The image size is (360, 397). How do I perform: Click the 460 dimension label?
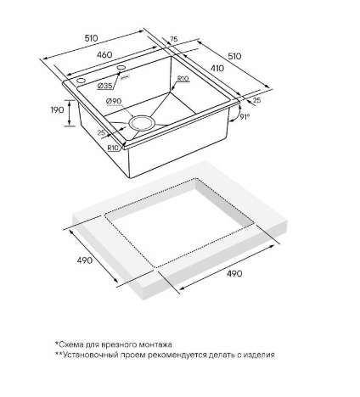pyautogui.click(x=104, y=54)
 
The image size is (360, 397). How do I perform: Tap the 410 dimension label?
pyautogui.click(x=217, y=68)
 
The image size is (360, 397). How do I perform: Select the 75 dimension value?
pyautogui.click(x=174, y=39)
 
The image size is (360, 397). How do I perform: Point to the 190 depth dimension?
pyautogui.click(x=58, y=110)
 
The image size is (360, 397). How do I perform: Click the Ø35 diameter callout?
pyautogui.click(x=104, y=86)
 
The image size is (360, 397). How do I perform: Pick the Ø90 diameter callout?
pyautogui.click(x=114, y=101)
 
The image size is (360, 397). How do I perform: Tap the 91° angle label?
pyautogui.click(x=245, y=116)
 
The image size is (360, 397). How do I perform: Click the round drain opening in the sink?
pyautogui.click(x=142, y=122)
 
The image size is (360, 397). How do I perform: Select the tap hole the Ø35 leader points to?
pyautogui.click(x=121, y=67)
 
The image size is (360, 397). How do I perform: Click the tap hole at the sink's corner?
pyautogui.click(x=81, y=81)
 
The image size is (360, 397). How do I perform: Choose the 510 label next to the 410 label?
pyautogui.click(x=234, y=56)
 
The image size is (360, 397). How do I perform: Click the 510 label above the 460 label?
pyautogui.click(x=91, y=38)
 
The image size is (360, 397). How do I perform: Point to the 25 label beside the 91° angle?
pyautogui.click(x=256, y=100)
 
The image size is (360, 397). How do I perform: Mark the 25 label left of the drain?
pyautogui.click(x=101, y=132)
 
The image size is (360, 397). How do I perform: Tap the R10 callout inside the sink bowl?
pyautogui.click(x=183, y=79)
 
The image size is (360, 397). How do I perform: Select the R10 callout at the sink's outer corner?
pyautogui.click(x=113, y=148)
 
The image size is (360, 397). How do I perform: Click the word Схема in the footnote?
pyautogui.click(x=68, y=344)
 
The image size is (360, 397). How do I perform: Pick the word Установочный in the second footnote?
pyautogui.click(x=89, y=355)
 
